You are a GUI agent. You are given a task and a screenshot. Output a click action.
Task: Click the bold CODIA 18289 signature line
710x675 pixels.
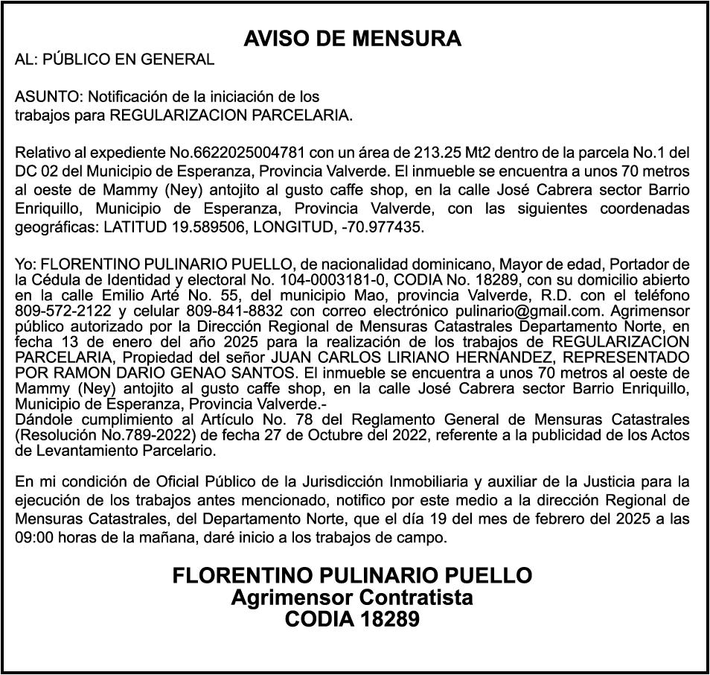coord(353,619)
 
